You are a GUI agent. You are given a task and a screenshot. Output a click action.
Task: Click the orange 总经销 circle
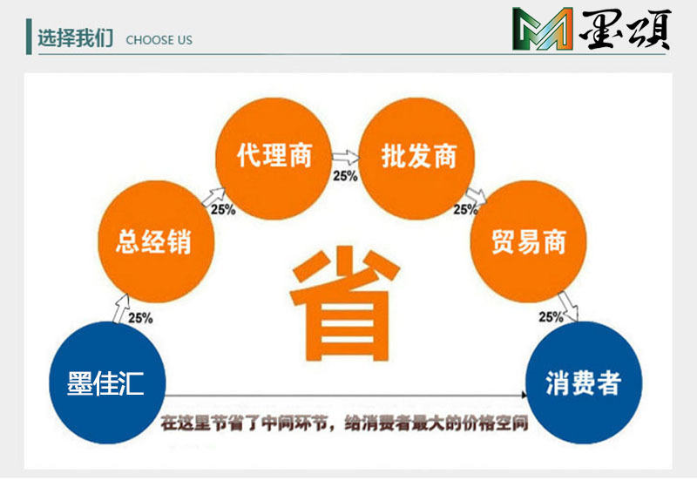click(x=153, y=241)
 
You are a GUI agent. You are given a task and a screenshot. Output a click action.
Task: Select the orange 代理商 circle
click(x=274, y=157)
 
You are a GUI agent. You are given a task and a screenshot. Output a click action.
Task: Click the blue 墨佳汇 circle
click(x=106, y=383)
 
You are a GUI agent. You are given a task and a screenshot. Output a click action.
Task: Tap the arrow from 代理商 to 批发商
click(x=346, y=159)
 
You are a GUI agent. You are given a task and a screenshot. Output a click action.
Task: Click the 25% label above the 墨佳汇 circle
click(x=140, y=319)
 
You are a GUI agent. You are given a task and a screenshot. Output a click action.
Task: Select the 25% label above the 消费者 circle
click(x=551, y=317)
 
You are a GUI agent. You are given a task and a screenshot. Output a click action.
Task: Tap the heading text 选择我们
click(x=75, y=39)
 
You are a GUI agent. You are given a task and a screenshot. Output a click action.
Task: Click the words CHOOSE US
click(x=159, y=40)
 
